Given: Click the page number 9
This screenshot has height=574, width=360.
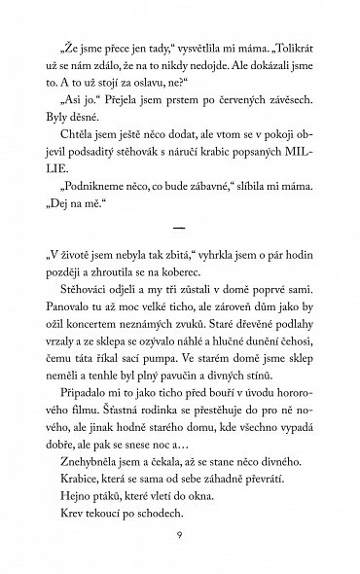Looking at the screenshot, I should (x=180, y=538).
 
